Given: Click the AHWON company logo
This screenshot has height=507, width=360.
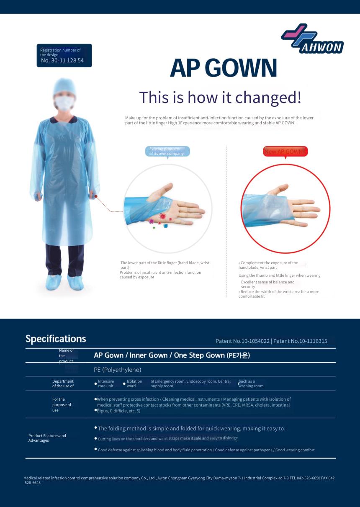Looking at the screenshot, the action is tap(312, 39).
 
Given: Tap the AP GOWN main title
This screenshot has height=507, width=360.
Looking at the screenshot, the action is tap(224, 68).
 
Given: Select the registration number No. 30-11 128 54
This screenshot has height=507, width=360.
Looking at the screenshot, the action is tap(62, 60).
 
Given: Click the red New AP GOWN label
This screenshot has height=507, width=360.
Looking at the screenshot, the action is tap(285, 152).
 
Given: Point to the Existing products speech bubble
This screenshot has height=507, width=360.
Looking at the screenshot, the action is tap(167, 151).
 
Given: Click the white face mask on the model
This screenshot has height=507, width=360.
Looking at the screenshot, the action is tap(64, 103).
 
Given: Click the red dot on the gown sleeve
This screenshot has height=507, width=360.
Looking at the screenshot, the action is tap(96, 196).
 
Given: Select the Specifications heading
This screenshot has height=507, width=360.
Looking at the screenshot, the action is tap(56, 339).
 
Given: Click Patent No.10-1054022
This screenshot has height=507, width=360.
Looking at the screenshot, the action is tap(242, 341).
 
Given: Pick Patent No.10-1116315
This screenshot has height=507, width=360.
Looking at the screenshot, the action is tap(300, 341).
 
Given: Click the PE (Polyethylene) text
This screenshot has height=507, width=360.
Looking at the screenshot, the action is tap(118, 370).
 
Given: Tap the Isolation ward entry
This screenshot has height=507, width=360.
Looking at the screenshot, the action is tap(134, 383).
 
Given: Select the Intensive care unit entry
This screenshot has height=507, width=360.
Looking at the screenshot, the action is tap(106, 383).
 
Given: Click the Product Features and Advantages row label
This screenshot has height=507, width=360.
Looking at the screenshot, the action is tap(47, 438).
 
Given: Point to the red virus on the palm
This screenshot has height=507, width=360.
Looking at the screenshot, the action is tap(162, 216).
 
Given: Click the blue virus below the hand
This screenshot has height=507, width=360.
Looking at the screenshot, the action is tap(166, 226).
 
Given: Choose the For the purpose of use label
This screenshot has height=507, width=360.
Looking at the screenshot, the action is tap(62, 405).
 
